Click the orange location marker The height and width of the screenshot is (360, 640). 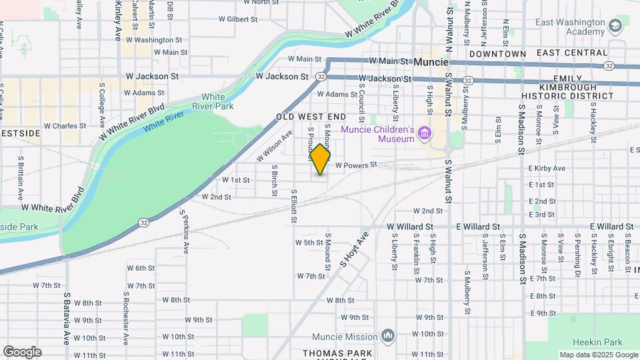321,159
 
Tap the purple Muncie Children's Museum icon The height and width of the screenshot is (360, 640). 424,135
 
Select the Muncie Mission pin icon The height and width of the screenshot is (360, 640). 390,335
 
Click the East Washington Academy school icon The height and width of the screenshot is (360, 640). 615,27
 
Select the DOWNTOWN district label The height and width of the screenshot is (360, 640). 497,53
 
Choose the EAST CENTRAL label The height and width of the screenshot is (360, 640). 572,53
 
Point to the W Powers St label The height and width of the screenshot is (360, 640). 356,165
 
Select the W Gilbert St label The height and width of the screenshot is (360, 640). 233,19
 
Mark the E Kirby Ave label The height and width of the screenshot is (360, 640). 547,169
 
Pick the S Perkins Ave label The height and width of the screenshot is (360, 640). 185,232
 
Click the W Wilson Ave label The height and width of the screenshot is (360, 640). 275,145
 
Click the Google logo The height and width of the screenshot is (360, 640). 22,352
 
